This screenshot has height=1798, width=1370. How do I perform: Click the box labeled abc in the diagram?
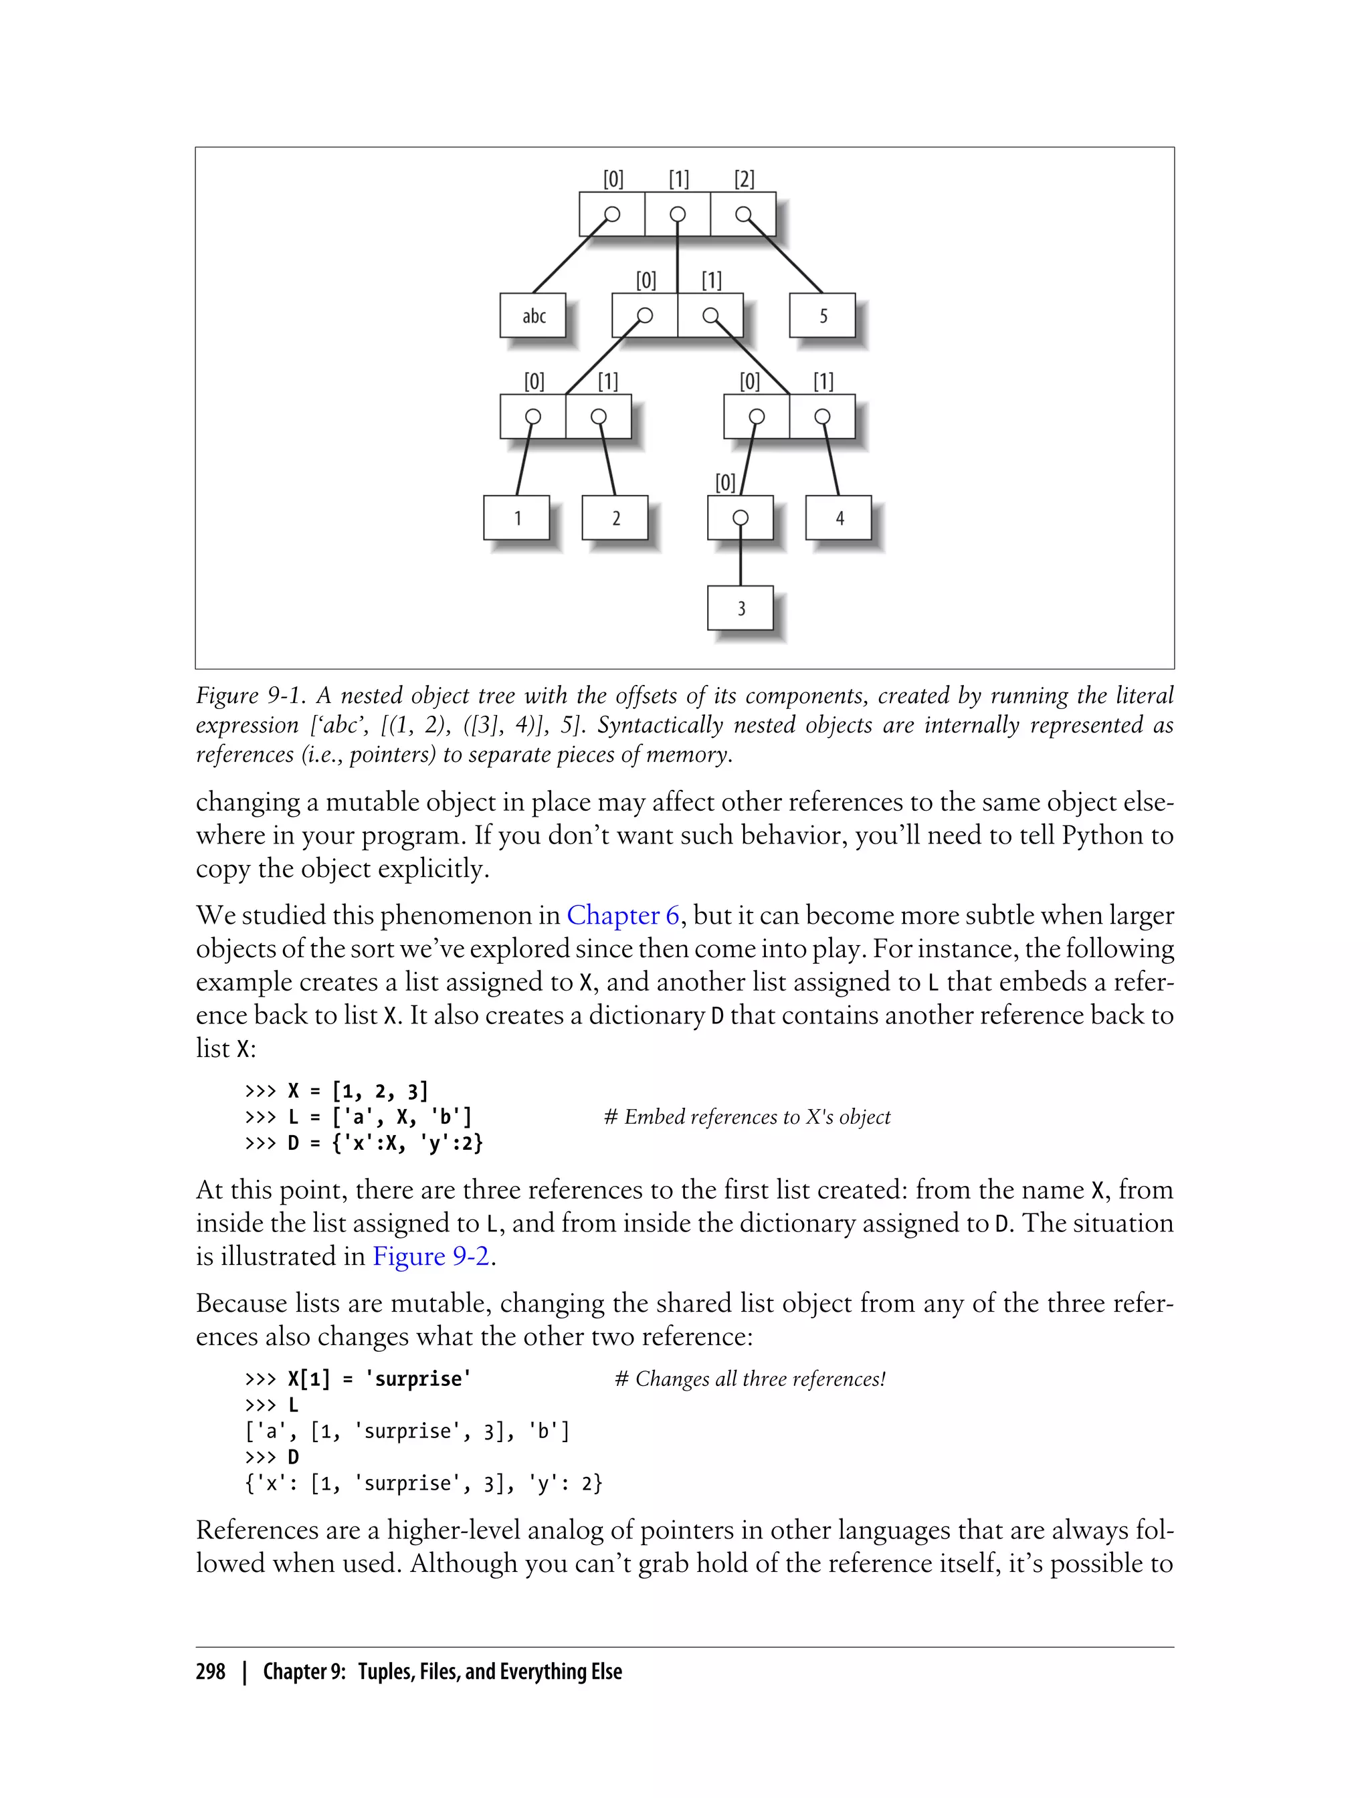[x=533, y=316]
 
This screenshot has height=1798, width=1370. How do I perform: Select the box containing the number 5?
[x=822, y=316]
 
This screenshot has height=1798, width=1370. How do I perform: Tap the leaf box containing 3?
[x=741, y=608]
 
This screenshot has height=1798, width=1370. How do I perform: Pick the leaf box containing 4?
[x=839, y=518]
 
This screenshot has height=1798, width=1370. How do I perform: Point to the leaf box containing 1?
[x=517, y=518]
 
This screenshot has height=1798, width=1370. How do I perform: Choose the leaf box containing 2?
[x=615, y=518]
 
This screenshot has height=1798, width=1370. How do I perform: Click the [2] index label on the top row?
[x=744, y=179]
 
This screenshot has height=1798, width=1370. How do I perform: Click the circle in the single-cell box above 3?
[x=741, y=518]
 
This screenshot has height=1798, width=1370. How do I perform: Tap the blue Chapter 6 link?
[x=623, y=915]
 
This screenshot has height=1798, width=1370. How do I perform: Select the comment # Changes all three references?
[x=749, y=1379]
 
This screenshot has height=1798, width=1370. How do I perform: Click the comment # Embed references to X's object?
[x=747, y=1117]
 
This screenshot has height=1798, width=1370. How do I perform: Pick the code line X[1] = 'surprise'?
[x=379, y=1379]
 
